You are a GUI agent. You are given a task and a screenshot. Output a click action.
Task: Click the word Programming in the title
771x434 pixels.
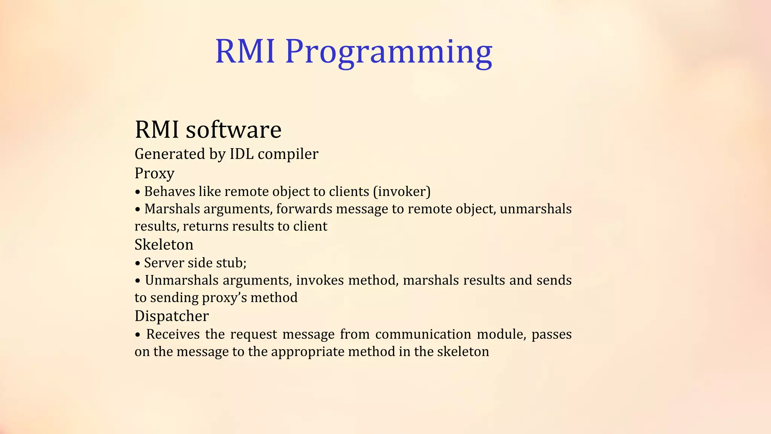click(x=389, y=52)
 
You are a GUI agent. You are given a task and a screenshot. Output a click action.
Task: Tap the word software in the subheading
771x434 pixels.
click(x=233, y=130)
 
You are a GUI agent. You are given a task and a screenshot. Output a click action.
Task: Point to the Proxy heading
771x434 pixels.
click(x=154, y=174)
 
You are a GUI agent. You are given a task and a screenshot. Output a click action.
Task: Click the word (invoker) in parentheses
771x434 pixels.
click(x=402, y=191)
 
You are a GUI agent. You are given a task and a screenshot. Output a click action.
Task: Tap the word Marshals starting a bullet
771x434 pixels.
click(x=172, y=209)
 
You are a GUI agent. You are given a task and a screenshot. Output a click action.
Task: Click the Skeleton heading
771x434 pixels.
click(x=164, y=245)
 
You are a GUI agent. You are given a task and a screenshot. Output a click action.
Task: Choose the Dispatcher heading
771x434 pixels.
click(x=171, y=316)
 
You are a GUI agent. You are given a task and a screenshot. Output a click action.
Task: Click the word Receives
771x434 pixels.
click(x=173, y=334)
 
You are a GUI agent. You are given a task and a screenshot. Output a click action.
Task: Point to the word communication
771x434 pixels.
click(x=423, y=334)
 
